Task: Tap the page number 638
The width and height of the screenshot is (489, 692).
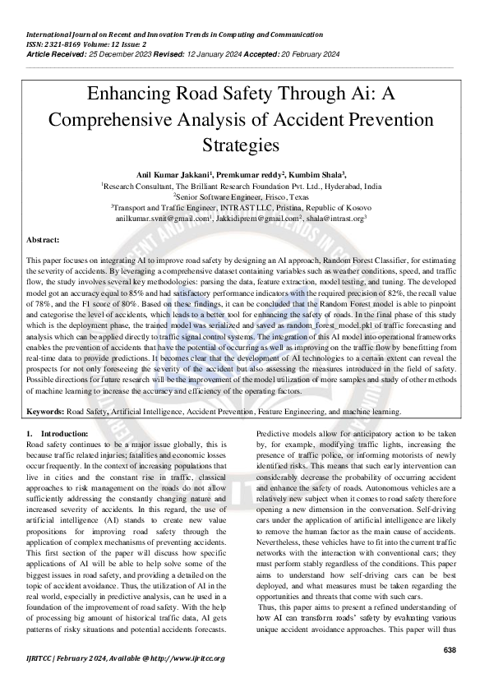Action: pos(450,650)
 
